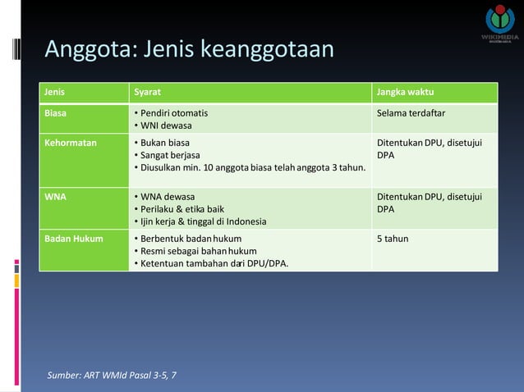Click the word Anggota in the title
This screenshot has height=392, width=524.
90,49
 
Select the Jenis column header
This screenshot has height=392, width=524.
55,93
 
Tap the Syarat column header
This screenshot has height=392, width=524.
149,93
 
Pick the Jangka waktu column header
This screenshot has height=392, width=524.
406,93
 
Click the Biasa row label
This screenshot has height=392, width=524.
57,112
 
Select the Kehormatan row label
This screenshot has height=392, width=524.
71,142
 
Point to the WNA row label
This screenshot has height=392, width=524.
56,197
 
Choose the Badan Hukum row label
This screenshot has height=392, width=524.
74,239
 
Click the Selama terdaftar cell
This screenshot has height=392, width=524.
416,112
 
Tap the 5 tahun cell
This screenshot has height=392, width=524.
393,239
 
